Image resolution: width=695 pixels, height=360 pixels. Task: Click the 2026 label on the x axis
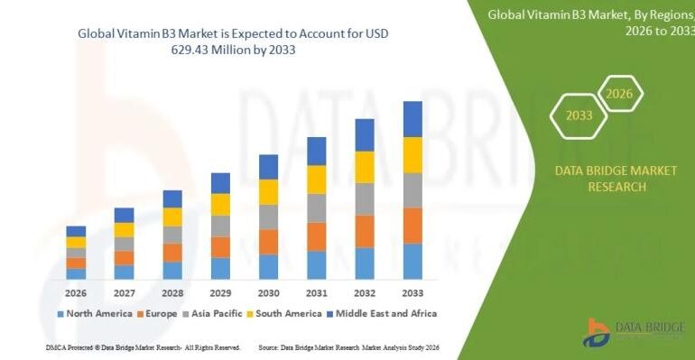pyautogui.click(x=76, y=292)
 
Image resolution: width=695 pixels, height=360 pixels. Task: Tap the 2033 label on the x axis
pyautogui.click(x=412, y=292)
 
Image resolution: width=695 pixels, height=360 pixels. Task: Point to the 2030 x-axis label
pyautogui.click(x=268, y=292)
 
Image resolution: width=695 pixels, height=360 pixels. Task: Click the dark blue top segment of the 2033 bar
pyautogui.click(x=412, y=118)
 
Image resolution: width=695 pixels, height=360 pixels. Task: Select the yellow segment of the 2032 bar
pyautogui.click(x=365, y=167)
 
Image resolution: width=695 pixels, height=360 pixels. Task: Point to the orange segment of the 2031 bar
pyautogui.click(x=316, y=236)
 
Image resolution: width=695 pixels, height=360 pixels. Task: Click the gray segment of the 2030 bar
pyautogui.click(x=268, y=217)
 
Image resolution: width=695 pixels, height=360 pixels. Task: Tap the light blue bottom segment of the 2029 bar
pyautogui.click(x=220, y=268)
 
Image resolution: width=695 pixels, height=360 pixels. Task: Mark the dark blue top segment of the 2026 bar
pyautogui.click(x=76, y=231)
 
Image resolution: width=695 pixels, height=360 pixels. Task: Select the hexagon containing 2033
pyautogui.click(x=579, y=115)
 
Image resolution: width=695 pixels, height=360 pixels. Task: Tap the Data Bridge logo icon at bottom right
pyautogui.click(x=597, y=332)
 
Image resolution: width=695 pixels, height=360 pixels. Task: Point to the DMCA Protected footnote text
pyautogui.click(x=142, y=346)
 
